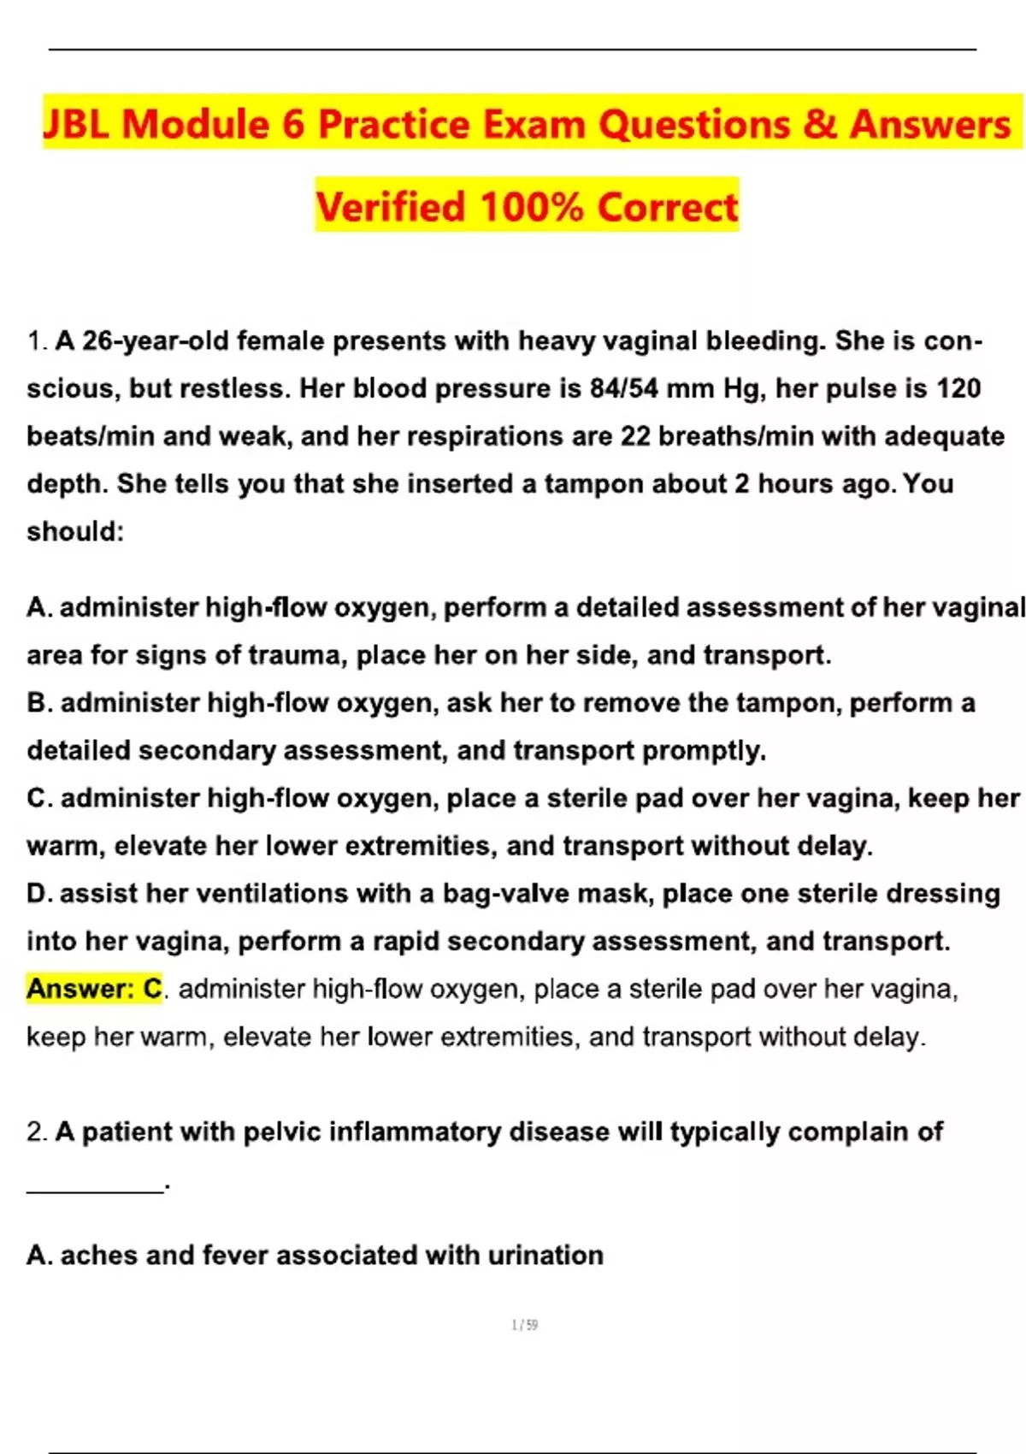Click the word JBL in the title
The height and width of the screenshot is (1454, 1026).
pos(75,124)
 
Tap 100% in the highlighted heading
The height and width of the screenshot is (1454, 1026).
pos(532,207)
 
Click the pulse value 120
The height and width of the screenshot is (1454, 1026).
pos(958,388)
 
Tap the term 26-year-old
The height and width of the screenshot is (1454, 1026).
pos(143,340)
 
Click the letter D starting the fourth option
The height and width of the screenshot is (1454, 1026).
pos(38,894)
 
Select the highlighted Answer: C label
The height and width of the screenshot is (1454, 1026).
pos(94,989)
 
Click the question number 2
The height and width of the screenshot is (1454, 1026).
pos(36,1132)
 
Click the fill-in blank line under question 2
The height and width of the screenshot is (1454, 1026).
pos(95,1190)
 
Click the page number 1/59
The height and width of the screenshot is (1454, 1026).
pos(524,1325)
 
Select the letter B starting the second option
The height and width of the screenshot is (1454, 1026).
pos(38,703)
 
